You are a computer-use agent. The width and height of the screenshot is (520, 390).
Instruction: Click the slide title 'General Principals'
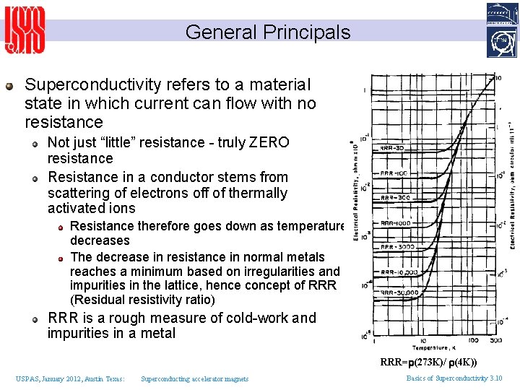pyautogui.click(x=267, y=32)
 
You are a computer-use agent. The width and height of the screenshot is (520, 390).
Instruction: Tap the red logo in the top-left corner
pyautogui.click(x=25, y=30)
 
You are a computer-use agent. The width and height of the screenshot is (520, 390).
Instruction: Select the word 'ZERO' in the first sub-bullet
pyautogui.click(x=270, y=142)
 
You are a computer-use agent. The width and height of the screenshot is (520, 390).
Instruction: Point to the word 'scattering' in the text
pyautogui.click(x=79, y=193)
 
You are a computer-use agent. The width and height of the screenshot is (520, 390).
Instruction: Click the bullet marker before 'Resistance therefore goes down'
pyautogui.click(x=62, y=227)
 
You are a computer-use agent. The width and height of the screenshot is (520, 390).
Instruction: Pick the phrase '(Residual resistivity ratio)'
pyautogui.click(x=142, y=299)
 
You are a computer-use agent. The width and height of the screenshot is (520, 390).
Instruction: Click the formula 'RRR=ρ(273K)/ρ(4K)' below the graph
pyautogui.click(x=429, y=362)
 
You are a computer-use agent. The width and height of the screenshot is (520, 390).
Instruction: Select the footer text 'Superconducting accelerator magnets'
pyautogui.click(x=194, y=378)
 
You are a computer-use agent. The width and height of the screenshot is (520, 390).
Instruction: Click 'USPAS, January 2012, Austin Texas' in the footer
pyautogui.click(x=70, y=378)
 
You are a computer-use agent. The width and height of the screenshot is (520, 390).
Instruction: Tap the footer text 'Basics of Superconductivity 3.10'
pyautogui.click(x=454, y=378)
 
